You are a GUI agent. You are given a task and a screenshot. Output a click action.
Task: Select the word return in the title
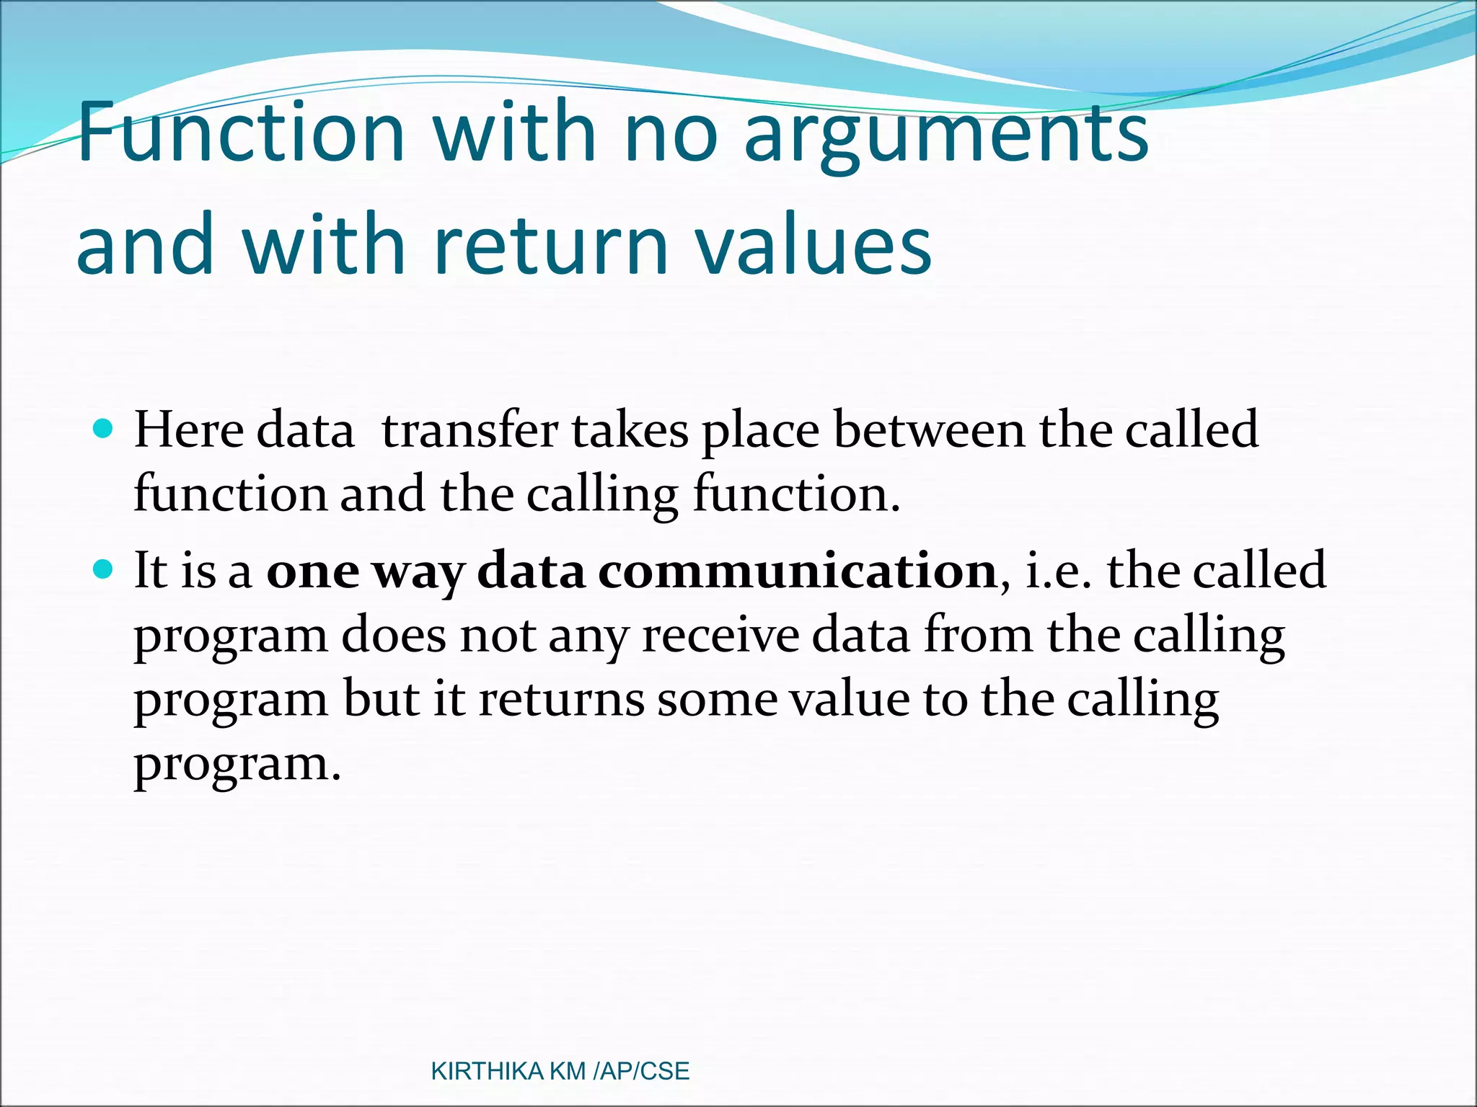click(552, 245)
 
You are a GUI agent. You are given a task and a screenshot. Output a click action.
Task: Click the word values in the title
click(813, 245)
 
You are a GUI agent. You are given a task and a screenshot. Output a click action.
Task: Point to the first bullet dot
click(104, 430)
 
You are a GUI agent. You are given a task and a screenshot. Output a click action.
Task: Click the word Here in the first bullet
click(189, 430)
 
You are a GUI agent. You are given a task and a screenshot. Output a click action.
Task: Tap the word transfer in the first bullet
click(469, 430)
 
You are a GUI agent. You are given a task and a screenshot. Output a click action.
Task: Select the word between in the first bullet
click(929, 430)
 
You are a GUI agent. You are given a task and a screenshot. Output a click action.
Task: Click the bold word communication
click(797, 571)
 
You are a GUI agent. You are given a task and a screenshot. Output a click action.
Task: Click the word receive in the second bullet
click(720, 636)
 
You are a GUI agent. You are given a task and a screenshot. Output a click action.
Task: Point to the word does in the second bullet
click(394, 636)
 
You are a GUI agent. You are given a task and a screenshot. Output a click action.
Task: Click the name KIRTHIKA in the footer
click(487, 1072)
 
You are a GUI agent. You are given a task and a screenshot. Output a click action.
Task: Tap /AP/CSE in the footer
click(641, 1072)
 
